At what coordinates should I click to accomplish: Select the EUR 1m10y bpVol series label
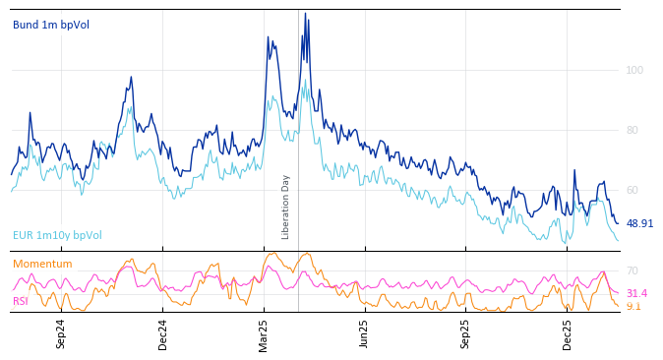coord(57,235)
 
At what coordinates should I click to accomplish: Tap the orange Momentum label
coord(42,264)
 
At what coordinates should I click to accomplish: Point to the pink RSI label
coord(20,301)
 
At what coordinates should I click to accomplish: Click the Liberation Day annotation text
coord(286,207)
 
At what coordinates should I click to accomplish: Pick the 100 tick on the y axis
coord(634,70)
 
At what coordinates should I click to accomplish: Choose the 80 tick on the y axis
coord(633,130)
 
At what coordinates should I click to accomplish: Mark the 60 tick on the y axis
coord(633,190)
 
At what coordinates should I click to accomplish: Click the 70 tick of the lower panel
coord(633,270)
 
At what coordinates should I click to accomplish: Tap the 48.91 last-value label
coord(639,223)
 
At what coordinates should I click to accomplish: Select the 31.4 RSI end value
coord(636,293)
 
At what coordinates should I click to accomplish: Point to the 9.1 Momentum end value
coord(633,306)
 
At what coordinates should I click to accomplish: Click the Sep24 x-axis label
coord(61,333)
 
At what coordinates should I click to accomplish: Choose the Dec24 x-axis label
coord(163,333)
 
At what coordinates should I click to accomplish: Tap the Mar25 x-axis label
coord(264,333)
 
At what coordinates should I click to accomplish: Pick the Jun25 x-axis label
coord(364,333)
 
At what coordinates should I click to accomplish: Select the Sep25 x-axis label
coord(465,333)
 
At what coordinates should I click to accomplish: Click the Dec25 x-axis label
coord(568,333)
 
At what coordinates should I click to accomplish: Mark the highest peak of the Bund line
coord(305,14)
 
